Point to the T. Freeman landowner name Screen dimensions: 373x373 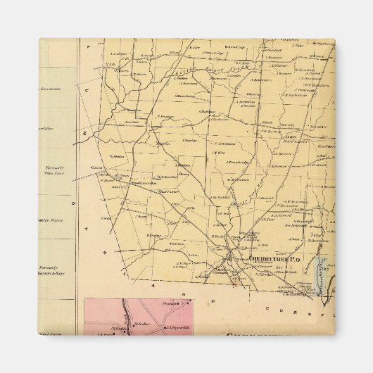[x=165, y=116]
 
